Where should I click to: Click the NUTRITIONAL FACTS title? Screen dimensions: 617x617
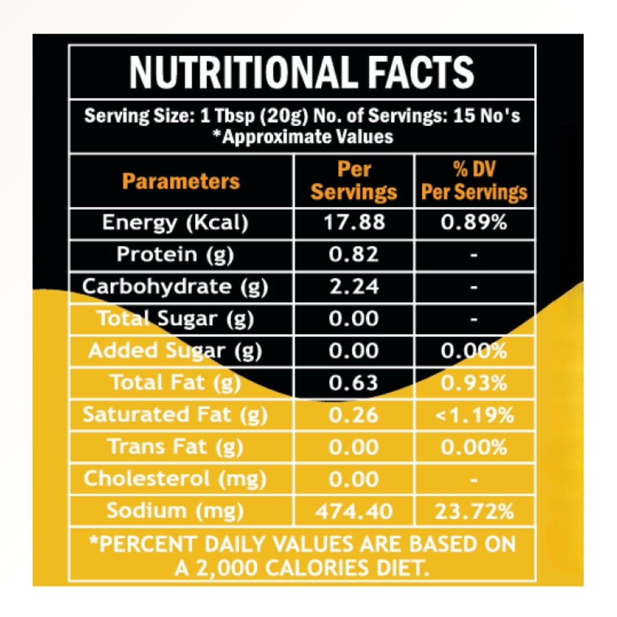click(x=302, y=71)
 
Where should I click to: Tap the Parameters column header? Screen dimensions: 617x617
click(x=181, y=182)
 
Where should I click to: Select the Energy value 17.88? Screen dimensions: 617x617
click(x=354, y=223)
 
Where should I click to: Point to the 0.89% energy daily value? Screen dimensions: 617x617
click(x=474, y=223)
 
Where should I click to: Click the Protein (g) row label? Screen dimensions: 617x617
click(x=175, y=255)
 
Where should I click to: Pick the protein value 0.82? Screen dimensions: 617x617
click(x=354, y=255)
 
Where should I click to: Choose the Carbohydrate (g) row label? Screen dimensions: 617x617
click(x=175, y=287)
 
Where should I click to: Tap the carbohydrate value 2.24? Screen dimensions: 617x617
click(x=354, y=287)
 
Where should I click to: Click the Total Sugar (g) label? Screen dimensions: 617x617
click(x=175, y=319)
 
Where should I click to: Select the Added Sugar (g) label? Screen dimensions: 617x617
click(x=175, y=351)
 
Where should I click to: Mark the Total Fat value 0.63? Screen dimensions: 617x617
click(x=354, y=383)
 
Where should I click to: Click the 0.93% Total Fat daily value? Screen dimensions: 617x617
click(x=474, y=383)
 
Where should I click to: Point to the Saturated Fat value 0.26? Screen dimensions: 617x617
click(x=354, y=415)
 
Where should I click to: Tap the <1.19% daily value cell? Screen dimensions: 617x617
click(x=474, y=415)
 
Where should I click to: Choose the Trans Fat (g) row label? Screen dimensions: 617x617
click(x=175, y=447)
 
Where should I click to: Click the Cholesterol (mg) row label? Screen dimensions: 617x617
click(x=175, y=479)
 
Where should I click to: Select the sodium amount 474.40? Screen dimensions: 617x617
click(x=354, y=511)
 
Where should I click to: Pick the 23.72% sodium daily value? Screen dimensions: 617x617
click(x=474, y=511)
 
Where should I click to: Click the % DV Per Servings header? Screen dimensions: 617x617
click(x=474, y=182)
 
